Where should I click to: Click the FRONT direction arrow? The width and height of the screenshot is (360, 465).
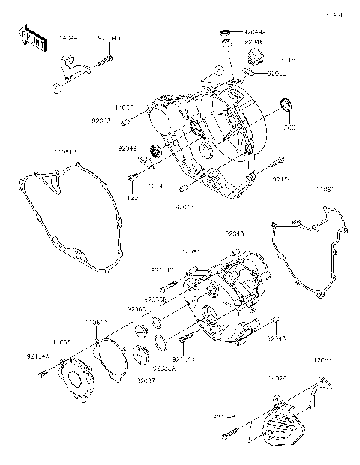tap(31, 39)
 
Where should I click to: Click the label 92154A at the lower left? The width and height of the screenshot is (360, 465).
tap(37, 357)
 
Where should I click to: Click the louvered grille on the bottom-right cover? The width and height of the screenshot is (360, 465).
tap(286, 427)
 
